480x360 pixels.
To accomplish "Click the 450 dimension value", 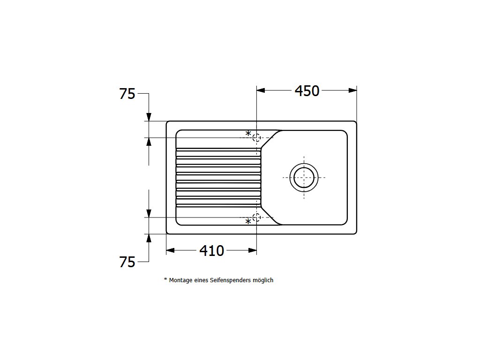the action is pyautogui.click(x=307, y=91).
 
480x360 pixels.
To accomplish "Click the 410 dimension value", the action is pyautogui.click(x=212, y=251).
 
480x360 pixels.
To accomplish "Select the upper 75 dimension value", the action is pyautogui.click(x=127, y=94).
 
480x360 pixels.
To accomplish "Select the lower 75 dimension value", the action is pyautogui.click(x=127, y=262).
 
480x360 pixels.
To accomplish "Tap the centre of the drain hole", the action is pyautogui.click(x=304, y=177).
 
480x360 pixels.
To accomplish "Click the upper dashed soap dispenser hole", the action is pyautogui.click(x=256, y=138).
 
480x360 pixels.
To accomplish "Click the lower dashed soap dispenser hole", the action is pyautogui.click(x=256, y=217).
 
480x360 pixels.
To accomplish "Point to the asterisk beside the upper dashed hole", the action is pyautogui.click(x=248, y=134).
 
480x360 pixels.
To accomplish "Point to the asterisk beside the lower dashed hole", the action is pyautogui.click(x=248, y=222).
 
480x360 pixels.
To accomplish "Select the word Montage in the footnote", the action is pyautogui.click(x=180, y=280).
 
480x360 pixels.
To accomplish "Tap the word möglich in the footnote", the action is pyautogui.click(x=262, y=280).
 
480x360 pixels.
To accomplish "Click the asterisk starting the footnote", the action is pyautogui.click(x=165, y=280).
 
